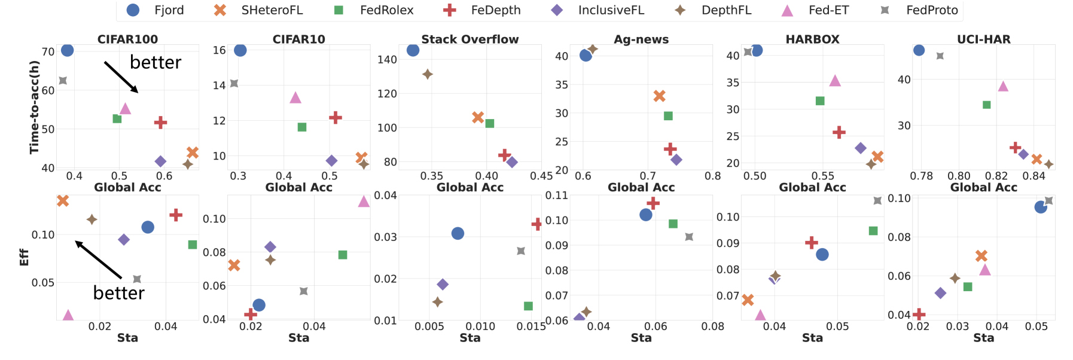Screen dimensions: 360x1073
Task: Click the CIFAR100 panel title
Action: point(127,39)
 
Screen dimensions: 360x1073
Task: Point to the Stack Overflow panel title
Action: point(470,39)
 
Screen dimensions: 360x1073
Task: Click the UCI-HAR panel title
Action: point(983,39)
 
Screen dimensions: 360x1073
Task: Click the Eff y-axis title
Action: point(25,257)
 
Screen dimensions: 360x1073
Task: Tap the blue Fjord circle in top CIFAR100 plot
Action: point(67,50)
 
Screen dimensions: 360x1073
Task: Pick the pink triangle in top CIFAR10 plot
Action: point(295,97)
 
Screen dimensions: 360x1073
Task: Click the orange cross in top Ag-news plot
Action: point(659,96)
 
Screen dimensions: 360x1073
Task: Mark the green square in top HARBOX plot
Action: point(820,101)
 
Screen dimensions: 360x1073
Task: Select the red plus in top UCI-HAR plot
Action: point(1015,147)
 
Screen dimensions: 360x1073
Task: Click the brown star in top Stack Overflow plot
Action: point(427,74)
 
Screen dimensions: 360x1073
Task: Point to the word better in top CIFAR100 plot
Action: point(156,62)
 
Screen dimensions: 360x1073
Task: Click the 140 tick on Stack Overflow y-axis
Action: point(387,59)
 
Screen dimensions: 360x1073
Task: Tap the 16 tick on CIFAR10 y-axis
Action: point(220,50)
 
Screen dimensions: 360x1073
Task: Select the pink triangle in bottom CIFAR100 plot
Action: point(68,315)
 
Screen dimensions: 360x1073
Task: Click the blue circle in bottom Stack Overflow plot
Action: point(458,233)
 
